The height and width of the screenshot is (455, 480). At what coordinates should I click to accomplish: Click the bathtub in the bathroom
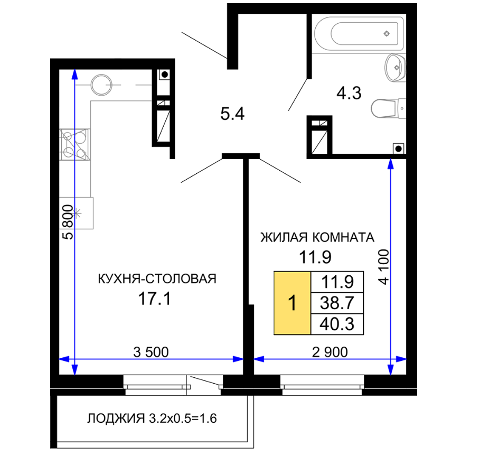359,33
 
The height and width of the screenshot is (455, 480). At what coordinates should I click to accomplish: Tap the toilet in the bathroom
389,108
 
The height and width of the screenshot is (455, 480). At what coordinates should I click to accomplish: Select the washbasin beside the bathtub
395,68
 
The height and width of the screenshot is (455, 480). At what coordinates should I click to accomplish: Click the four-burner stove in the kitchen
74,145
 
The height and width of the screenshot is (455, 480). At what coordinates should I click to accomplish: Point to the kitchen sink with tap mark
76,213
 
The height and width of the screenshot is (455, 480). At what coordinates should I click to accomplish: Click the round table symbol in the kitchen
101,85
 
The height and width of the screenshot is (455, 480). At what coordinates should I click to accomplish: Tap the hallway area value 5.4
232,114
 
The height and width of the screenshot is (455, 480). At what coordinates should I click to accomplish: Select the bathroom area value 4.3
349,93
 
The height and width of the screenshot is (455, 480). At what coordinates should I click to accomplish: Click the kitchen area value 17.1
154,299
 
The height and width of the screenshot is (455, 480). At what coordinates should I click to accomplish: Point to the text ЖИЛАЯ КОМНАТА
317,237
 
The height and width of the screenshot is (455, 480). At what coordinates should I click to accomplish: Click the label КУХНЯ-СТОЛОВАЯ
157,279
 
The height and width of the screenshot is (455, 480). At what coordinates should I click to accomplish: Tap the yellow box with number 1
293,303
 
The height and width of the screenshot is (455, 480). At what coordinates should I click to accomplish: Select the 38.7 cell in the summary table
337,303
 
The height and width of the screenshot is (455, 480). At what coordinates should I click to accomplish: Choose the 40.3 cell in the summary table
337,324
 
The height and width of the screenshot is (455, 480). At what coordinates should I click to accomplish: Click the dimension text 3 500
151,352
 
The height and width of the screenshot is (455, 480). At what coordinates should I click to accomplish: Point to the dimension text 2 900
330,352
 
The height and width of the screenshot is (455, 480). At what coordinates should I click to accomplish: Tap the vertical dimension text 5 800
68,222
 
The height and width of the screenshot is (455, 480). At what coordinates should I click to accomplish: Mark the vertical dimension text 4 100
383,267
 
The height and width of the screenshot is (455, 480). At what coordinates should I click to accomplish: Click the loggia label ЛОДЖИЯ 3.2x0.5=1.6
152,418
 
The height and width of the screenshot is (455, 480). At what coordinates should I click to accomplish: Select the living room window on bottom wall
322,385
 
